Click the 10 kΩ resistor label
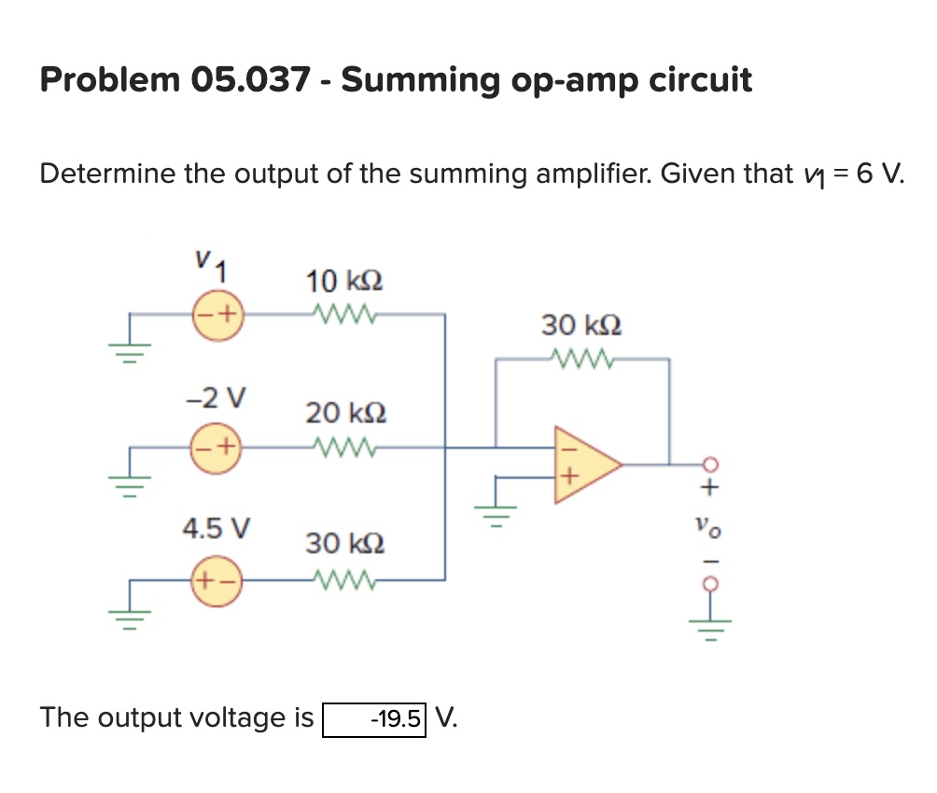coord(344,281)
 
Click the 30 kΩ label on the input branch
coord(344,543)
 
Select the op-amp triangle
coord(583,464)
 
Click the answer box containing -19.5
coord(374,718)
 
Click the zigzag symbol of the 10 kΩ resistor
coord(344,313)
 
